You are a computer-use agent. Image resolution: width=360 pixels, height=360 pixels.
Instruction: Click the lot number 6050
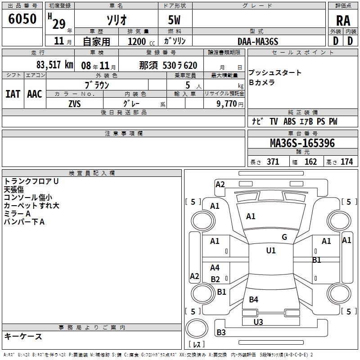coord(22,19)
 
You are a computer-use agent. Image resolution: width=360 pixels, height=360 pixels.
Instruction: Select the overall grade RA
coord(343,21)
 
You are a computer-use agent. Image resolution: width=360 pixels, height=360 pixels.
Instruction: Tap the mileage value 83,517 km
coord(55,65)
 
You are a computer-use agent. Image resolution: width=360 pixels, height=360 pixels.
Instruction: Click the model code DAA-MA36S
coord(258,41)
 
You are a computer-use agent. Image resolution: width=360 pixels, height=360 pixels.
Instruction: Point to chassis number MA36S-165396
coord(302,143)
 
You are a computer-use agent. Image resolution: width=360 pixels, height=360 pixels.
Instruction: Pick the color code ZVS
coord(75,104)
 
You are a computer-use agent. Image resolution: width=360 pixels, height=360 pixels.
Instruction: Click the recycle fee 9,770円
coord(230,104)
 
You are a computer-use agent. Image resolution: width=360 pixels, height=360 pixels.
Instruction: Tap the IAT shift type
coord(13,94)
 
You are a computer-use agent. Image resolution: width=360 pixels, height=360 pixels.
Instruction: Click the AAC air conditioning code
coord(35,94)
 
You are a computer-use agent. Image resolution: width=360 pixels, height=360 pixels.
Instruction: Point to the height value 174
coord(346,162)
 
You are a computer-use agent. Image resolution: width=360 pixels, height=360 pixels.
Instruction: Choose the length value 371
coord(273,162)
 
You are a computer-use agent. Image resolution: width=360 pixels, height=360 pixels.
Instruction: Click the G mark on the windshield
coord(284,237)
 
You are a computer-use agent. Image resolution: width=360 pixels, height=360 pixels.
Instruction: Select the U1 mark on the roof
coord(271,251)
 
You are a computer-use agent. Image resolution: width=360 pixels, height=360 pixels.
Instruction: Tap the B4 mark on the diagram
coord(253,299)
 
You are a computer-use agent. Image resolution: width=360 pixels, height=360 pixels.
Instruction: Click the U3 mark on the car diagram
coord(258,322)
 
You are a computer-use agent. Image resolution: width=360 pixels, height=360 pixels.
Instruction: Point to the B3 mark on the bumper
coord(221,332)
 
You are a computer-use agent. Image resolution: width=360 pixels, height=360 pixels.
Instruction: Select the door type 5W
coord(174,20)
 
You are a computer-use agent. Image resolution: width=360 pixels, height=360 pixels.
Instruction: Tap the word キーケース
coord(23,336)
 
